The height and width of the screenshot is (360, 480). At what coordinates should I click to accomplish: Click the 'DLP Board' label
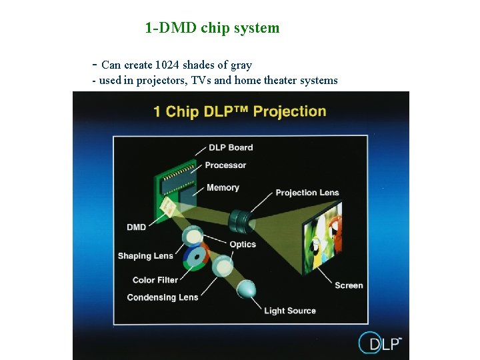tap(231, 147)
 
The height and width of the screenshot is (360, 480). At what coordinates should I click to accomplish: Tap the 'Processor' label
tap(225, 165)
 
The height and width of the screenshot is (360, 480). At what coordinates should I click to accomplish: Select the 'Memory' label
tap(223, 188)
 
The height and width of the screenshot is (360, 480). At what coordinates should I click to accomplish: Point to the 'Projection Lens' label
tap(307, 193)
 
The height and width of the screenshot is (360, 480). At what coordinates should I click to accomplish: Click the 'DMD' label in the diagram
tap(136, 227)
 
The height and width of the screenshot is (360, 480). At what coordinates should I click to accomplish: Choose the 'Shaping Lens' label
tap(145, 256)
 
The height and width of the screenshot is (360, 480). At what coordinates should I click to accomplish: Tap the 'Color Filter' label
tap(155, 280)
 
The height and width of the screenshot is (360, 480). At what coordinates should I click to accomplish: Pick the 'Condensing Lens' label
tap(162, 297)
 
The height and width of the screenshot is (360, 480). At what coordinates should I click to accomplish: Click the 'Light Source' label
tap(290, 311)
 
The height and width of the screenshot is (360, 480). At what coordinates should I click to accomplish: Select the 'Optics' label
tap(243, 245)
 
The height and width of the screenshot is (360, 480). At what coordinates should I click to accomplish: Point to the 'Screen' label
tap(349, 285)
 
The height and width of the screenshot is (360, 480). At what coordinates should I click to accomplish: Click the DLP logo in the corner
tap(380, 343)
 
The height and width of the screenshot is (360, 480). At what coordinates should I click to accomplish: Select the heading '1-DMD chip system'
tap(212, 28)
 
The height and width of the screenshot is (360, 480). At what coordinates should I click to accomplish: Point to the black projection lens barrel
tap(239, 218)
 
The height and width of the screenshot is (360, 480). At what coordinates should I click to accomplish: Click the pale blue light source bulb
tap(246, 289)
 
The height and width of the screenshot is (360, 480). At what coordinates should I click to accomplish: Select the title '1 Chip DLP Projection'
tap(239, 111)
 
